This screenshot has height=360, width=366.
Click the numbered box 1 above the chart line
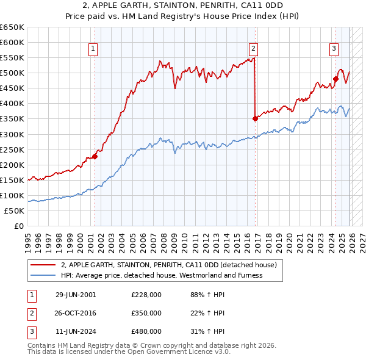point(93,49)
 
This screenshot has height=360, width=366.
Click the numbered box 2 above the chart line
point(253,49)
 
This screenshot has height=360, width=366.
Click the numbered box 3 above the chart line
point(334,49)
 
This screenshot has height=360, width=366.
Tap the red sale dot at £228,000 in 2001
point(95,156)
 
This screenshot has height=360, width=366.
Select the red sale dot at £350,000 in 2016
point(255,118)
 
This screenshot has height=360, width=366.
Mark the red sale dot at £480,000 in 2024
point(335,79)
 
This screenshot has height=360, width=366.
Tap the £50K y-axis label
point(15,211)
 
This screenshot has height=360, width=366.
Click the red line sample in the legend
point(43,265)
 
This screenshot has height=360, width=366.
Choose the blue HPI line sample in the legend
point(43,275)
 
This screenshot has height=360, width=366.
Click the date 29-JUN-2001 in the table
point(76,295)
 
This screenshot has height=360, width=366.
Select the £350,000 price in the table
point(146,313)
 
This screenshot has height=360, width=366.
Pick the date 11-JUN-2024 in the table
point(76,331)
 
